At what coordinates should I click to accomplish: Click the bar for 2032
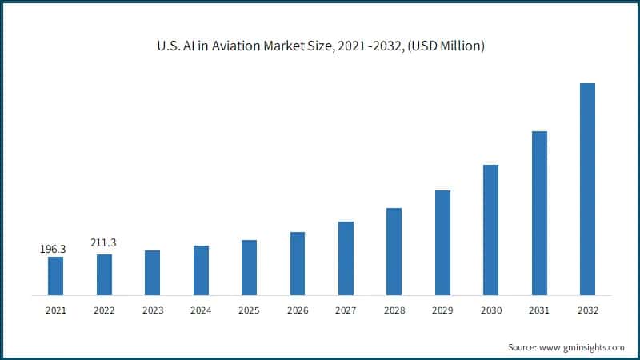pyautogui.click(x=587, y=189)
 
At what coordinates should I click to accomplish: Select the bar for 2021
pyautogui.click(x=56, y=275)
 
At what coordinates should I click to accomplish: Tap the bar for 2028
pyautogui.click(x=394, y=251)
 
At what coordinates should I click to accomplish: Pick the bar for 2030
pyautogui.click(x=490, y=230)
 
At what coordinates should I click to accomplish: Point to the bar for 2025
pyautogui.click(x=249, y=267)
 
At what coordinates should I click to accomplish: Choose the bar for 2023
pyautogui.click(x=152, y=272)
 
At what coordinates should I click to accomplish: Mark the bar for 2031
pyautogui.click(x=539, y=213)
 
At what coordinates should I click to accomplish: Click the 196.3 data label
pyautogui.click(x=53, y=250)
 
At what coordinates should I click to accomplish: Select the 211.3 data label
pyautogui.click(x=103, y=242)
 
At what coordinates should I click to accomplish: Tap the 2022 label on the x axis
pyautogui.click(x=104, y=310)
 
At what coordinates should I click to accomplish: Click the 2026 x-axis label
pyautogui.click(x=297, y=310)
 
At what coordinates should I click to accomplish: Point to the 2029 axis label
pyautogui.click(x=442, y=310)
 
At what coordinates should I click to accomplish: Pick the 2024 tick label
pyautogui.click(x=201, y=310)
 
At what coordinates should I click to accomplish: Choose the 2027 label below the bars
pyautogui.click(x=346, y=310)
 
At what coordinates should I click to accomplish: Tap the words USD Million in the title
pyautogui.click(x=449, y=46)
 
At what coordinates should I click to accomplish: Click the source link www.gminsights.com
pyautogui.click(x=582, y=347)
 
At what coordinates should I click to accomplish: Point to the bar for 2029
pyautogui.click(x=442, y=242)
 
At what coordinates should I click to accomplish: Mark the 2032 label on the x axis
pyautogui.click(x=587, y=310)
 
